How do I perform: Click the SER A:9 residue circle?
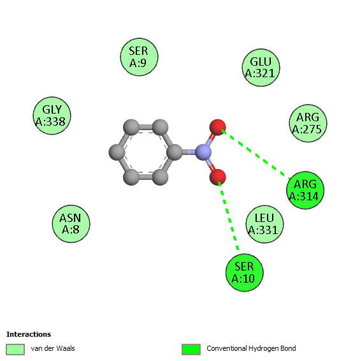pos(139,57)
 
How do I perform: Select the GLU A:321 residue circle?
pos(261,68)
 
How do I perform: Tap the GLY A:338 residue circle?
pos(52,115)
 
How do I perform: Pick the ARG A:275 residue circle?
pos(308,123)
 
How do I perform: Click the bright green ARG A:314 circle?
pos(305,190)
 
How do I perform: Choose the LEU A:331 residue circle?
pos(264,224)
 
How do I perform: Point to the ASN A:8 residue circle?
pos(71,224)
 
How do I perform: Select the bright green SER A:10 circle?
pos(244,272)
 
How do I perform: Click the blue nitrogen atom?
pos(203,152)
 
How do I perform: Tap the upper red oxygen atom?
pos(218,128)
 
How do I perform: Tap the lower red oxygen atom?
pos(218,177)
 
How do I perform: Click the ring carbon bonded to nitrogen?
pos(175,152)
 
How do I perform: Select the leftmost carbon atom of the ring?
pos(117,152)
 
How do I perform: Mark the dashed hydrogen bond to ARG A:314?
pos(256,154)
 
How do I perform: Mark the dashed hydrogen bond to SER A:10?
pos(228,216)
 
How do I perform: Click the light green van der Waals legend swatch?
pos(15,350)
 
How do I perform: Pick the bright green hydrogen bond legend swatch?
pos(191,350)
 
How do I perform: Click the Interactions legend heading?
pos(29,334)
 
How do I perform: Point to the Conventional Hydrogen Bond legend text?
pos(251,348)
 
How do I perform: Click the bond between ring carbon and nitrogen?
pos(189,152)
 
